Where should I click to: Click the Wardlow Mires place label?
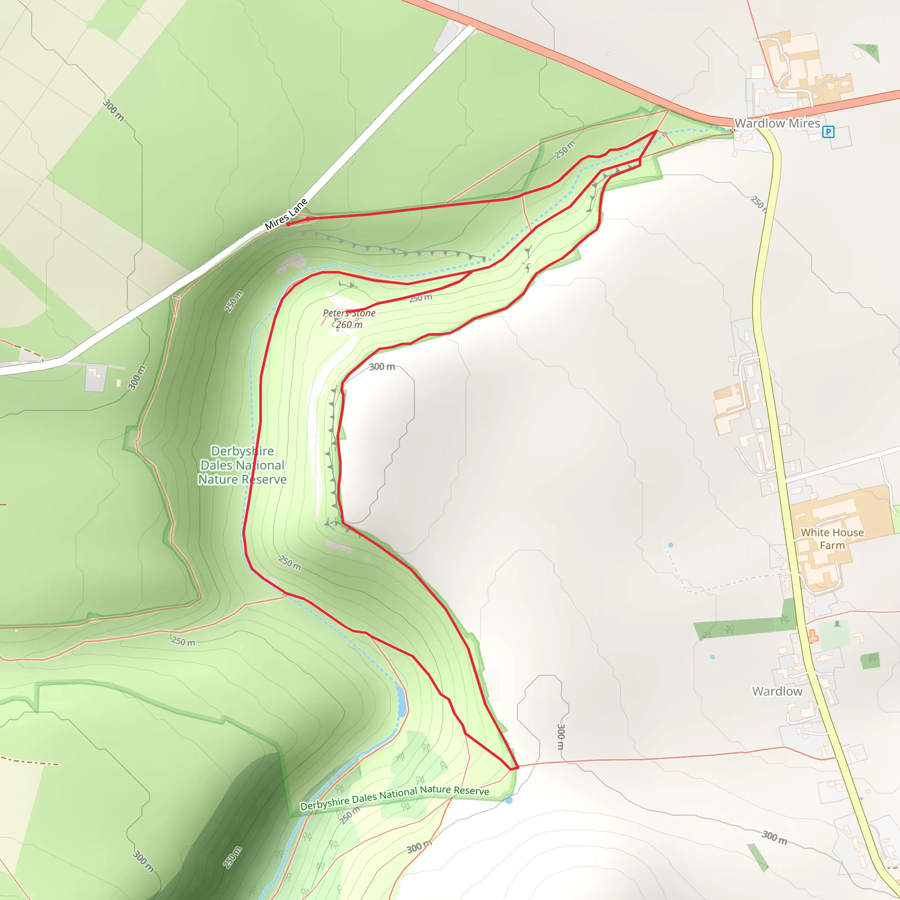point(777,123)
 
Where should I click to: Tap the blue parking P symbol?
point(828,132)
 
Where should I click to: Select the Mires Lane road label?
point(286,214)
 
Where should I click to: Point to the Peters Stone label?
point(349,313)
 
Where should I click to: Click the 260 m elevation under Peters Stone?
point(349,325)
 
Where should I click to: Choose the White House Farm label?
point(832,538)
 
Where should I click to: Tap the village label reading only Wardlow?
point(777,691)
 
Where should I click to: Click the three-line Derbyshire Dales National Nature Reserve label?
point(242,465)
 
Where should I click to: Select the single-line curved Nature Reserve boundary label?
point(394,798)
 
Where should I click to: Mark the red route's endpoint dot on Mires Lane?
point(288,224)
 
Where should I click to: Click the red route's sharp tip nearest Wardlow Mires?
point(657,131)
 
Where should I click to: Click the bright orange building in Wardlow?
point(813,635)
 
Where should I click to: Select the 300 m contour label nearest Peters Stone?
point(382,367)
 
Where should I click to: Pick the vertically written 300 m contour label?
point(561,737)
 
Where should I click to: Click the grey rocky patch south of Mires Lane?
point(290,263)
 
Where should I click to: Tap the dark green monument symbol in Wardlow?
point(837,624)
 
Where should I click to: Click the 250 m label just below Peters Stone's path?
point(420,298)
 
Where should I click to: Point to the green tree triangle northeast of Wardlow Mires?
point(869,50)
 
